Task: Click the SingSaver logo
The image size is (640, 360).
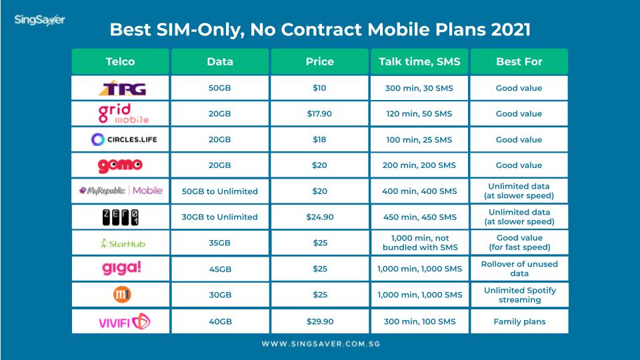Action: (39, 20)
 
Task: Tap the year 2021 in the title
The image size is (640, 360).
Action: (511, 29)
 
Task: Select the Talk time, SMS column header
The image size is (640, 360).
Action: (419, 61)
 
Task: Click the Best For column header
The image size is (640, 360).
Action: (519, 61)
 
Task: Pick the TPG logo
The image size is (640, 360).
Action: (123, 88)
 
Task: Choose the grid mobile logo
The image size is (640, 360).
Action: (123, 113)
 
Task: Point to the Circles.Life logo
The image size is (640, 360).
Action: (124, 139)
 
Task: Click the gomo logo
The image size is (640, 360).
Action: (120, 165)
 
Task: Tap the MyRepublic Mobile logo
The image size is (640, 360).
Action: (121, 191)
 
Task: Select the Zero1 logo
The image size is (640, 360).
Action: (121, 217)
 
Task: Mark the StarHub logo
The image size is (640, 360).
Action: (123, 243)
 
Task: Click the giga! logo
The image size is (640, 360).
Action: (121, 269)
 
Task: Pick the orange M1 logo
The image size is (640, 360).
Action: (122, 294)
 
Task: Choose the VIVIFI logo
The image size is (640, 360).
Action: (124, 322)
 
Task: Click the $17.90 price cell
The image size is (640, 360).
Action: (319, 114)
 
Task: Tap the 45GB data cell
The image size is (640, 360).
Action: (220, 269)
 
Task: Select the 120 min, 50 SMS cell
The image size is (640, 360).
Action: (419, 114)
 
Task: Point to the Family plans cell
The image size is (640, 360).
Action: (519, 321)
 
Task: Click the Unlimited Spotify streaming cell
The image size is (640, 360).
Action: (519, 295)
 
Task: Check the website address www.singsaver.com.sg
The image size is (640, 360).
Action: (321, 344)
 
